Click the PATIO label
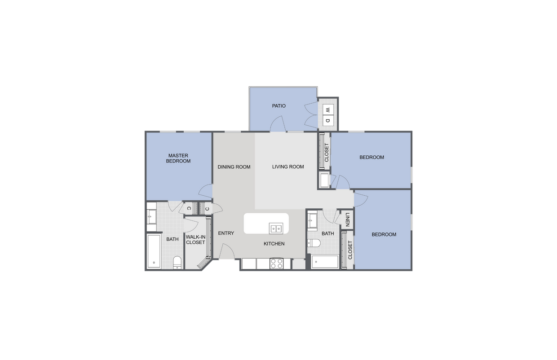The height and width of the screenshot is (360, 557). (278, 106)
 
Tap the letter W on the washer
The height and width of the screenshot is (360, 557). (328, 110)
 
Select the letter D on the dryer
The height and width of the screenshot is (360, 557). (328, 121)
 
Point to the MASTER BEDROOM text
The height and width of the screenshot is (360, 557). (178, 158)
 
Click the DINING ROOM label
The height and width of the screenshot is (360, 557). (234, 167)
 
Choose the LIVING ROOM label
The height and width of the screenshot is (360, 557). (288, 167)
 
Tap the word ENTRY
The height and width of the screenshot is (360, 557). (226, 233)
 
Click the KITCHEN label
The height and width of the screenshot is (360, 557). (274, 244)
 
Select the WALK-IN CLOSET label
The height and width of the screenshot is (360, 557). (195, 239)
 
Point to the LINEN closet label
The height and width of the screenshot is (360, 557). (348, 220)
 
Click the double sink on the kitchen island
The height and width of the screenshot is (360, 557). (275, 228)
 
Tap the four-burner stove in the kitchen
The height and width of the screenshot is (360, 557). (276, 263)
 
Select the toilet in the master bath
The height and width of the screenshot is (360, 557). (177, 262)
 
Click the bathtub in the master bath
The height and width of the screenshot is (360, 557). (154, 251)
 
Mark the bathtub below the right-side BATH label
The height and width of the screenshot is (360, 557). (325, 262)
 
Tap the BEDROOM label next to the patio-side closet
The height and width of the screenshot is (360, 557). (371, 158)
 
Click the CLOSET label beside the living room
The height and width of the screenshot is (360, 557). (327, 153)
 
